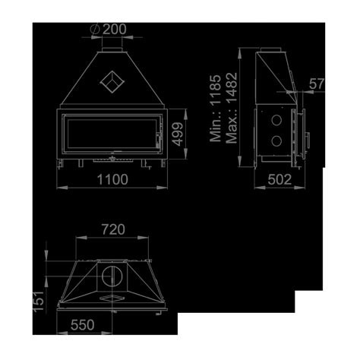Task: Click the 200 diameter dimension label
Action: [114, 29]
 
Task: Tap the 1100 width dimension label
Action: [112, 179]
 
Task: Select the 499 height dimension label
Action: [178, 134]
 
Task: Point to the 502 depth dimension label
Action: [279, 179]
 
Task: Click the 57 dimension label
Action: [317, 84]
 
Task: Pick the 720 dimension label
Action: [113, 229]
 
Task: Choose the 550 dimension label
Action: [83, 325]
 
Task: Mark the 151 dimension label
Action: [39, 302]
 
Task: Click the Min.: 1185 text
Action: [216, 108]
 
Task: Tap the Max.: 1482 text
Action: [232, 108]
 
